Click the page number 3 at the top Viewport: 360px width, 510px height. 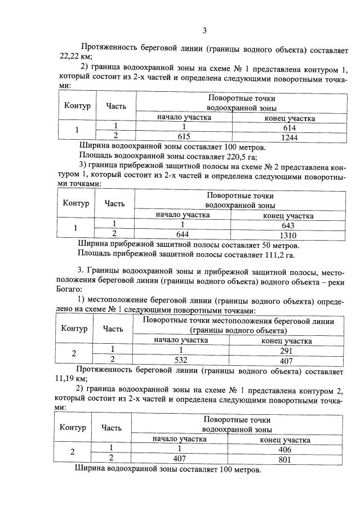205,30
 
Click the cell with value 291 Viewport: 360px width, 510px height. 286,350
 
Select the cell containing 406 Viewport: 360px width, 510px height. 285,449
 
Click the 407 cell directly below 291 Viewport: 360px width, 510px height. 286,359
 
